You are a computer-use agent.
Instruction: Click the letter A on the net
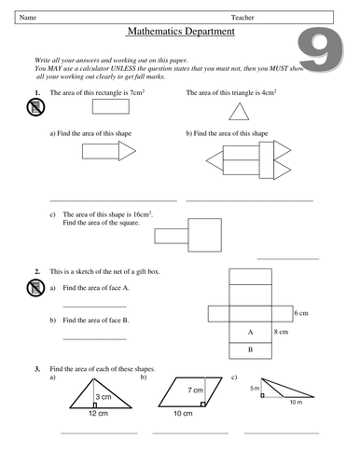250,332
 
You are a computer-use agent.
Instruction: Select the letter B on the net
250,350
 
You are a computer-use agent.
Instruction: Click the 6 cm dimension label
300,313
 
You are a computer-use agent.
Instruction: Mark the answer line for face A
94,306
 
